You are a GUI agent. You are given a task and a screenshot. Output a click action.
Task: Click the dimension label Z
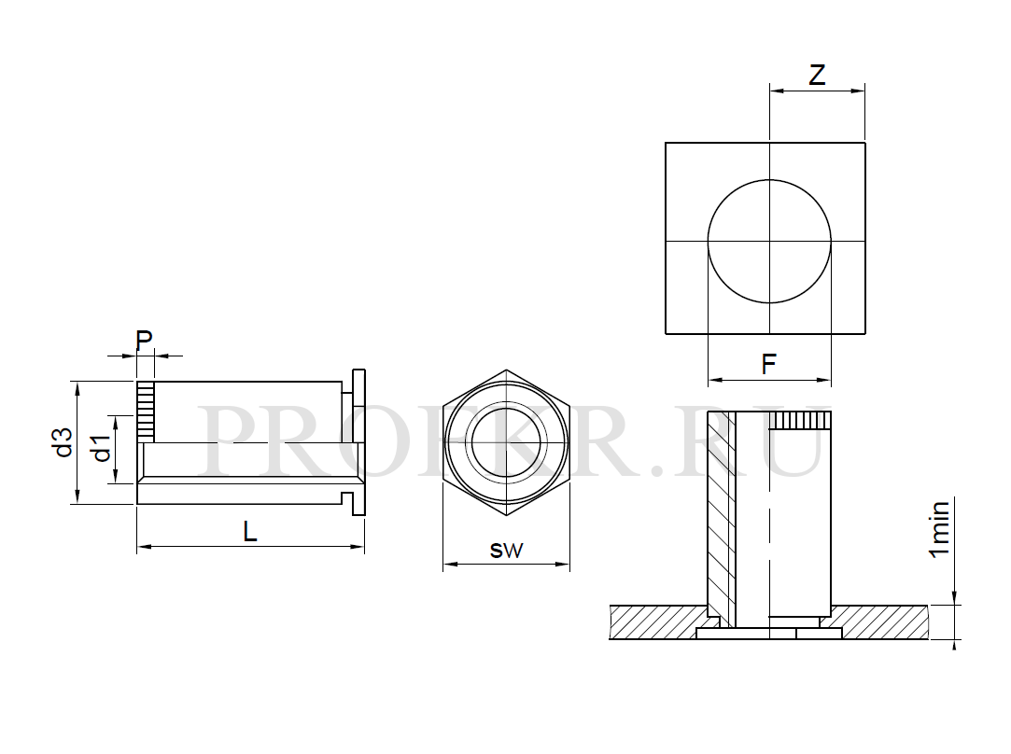(x=817, y=76)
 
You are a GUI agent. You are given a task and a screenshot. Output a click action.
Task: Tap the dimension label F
(x=768, y=365)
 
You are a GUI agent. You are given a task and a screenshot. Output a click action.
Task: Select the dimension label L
(x=250, y=531)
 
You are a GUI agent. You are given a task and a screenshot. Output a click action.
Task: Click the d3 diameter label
(x=63, y=442)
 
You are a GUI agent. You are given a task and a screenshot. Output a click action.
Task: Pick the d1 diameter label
(x=101, y=449)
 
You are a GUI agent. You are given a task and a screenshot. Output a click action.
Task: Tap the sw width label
(x=506, y=550)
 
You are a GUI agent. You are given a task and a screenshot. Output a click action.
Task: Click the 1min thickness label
(x=938, y=528)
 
